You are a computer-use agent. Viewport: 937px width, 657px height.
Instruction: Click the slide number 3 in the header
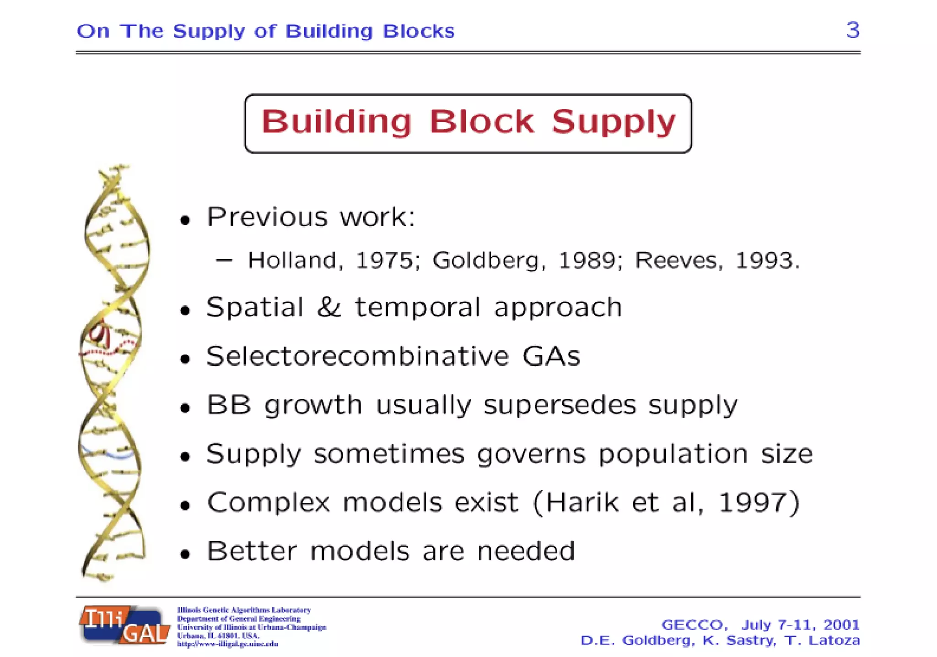point(852,30)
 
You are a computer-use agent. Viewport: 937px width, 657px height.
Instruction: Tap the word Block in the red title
point(481,122)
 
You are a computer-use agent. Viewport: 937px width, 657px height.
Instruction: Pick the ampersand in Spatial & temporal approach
point(329,307)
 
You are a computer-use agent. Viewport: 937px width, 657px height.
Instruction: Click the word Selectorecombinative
point(357,356)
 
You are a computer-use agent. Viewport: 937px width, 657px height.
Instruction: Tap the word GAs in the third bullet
point(551,356)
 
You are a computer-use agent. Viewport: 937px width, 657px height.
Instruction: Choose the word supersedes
point(560,405)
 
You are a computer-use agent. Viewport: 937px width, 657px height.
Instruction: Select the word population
point(673,454)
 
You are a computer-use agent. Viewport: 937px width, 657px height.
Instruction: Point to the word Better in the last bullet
point(252,550)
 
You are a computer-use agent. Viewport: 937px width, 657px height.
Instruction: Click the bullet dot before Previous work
point(185,220)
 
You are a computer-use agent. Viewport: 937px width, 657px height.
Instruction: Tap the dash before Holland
point(224,260)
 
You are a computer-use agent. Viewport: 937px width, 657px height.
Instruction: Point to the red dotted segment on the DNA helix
point(108,350)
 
